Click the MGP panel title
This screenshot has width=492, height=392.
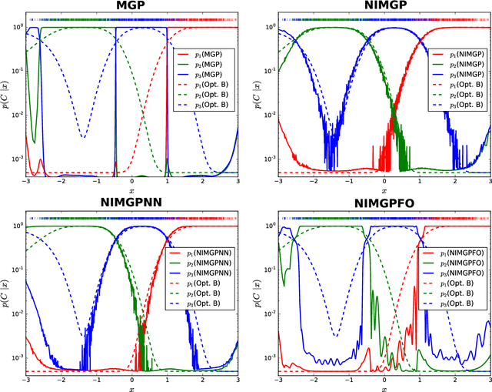tap(131, 6)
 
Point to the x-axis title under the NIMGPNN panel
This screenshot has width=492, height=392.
tap(131, 387)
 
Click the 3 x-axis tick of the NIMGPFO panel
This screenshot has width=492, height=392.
tap(488, 380)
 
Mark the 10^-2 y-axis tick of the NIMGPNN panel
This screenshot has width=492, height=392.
tap(15, 310)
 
